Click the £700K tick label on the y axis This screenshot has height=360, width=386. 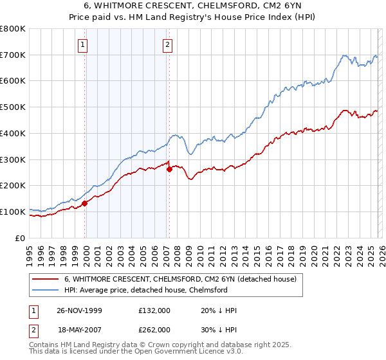tap(13, 55)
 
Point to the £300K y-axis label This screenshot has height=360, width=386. tap(13, 159)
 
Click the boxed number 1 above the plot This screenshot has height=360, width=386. tap(84, 45)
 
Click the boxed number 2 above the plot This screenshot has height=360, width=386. tap(167, 45)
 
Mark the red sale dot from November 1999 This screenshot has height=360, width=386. tap(85, 203)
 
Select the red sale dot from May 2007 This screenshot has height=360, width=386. tap(169, 170)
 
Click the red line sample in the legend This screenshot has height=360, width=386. tap(45, 280)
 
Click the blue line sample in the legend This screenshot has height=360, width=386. tap(45, 290)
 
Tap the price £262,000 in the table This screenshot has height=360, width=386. tap(154, 329)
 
